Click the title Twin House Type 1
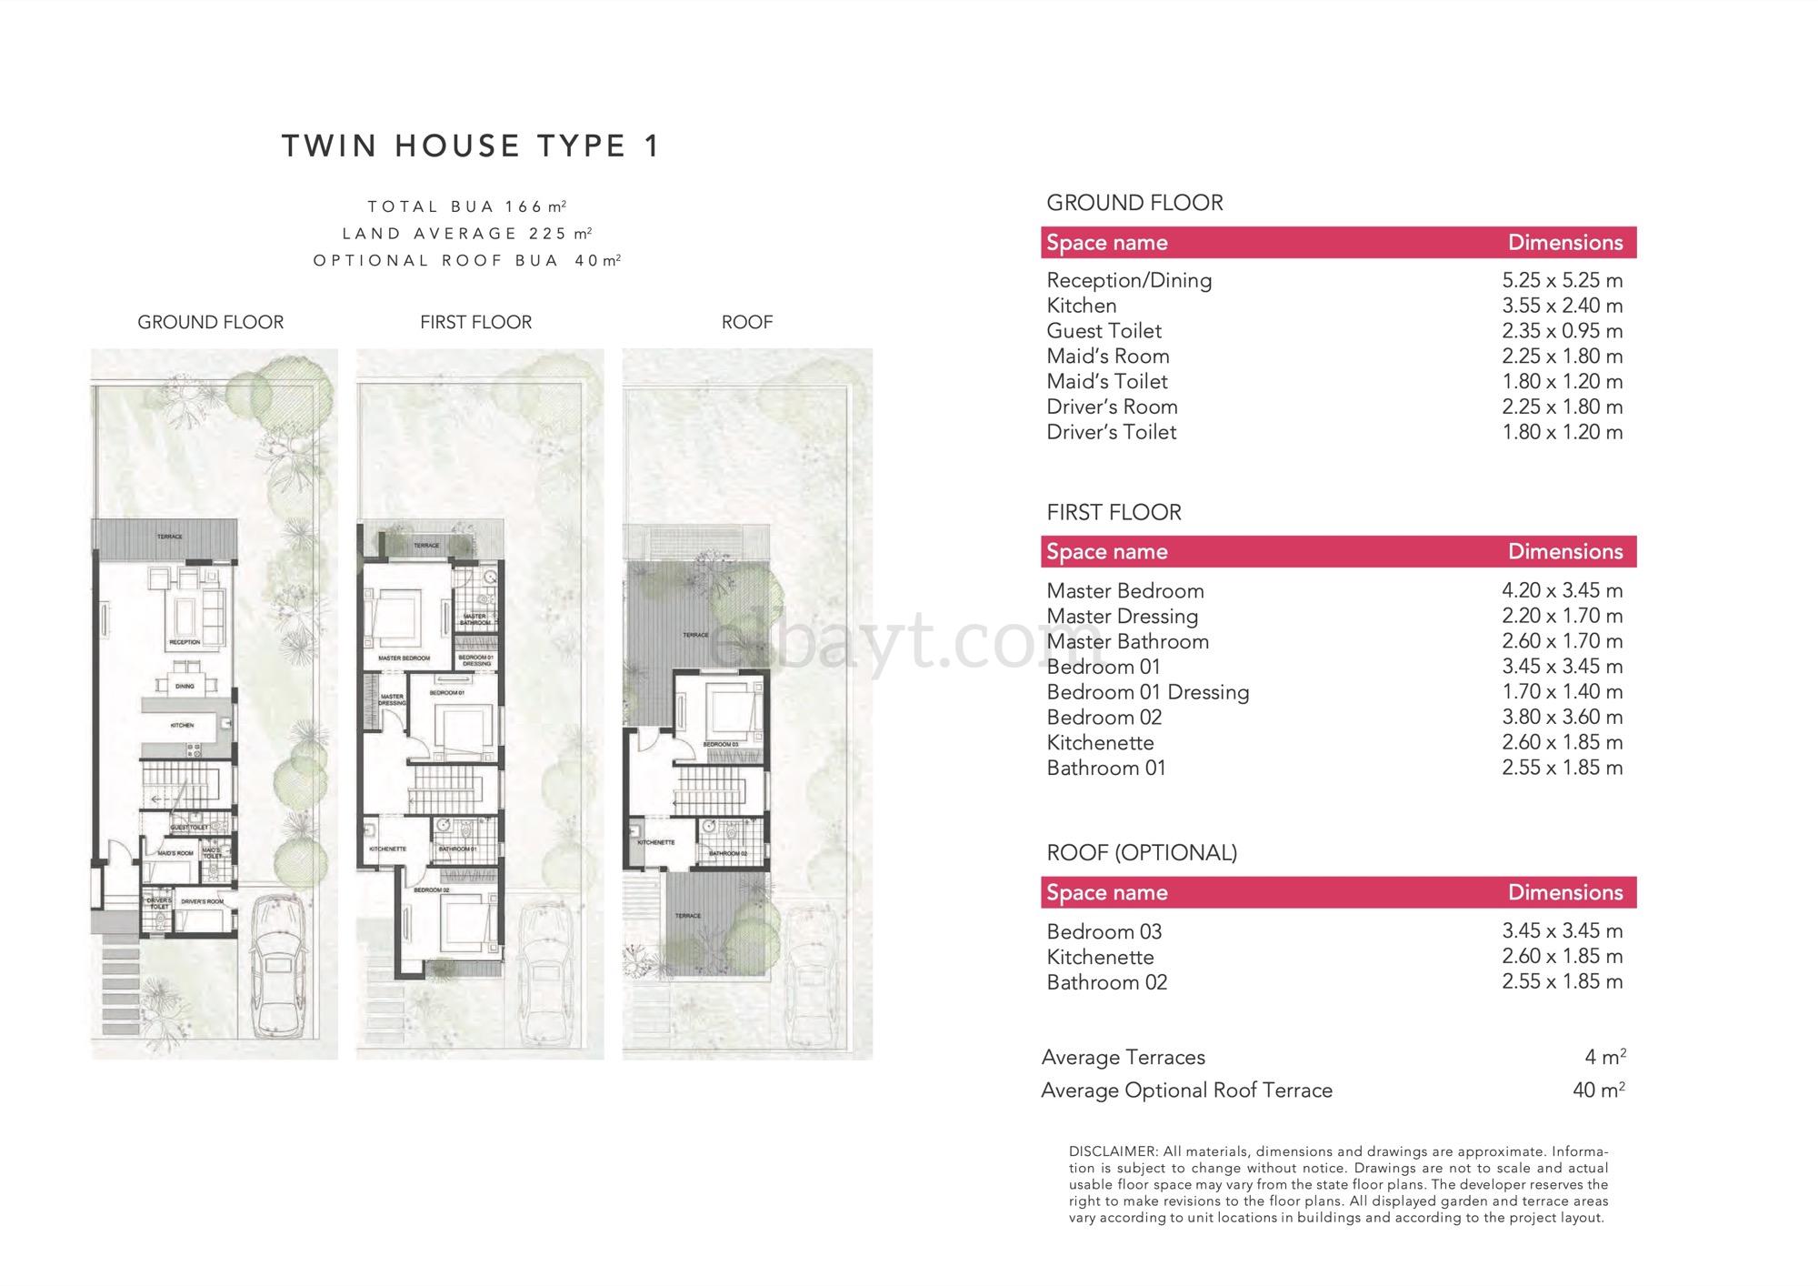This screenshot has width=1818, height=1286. pyautogui.click(x=471, y=146)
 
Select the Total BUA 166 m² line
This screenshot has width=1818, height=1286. pyautogui.click(x=467, y=206)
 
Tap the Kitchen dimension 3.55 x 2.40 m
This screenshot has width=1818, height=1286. pyautogui.click(x=1562, y=306)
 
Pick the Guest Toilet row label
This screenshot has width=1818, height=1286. pyautogui.click(x=1104, y=331)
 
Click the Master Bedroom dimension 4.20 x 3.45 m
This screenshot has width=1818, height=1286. pyautogui.click(x=1562, y=590)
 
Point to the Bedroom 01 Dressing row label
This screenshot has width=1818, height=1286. pyautogui.click(x=1147, y=692)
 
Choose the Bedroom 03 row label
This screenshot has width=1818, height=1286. pyautogui.click(x=1104, y=931)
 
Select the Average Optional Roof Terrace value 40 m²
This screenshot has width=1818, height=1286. pyautogui.click(x=1599, y=1090)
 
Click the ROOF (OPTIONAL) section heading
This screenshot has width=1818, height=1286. pyautogui.click(x=1142, y=852)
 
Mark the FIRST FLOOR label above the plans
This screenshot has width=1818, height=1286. pyautogui.click(x=475, y=322)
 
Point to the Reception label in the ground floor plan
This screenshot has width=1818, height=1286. pyautogui.click(x=185, y=643)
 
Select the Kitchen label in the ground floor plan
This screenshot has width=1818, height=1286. pyautogui.click(x=182, y=726)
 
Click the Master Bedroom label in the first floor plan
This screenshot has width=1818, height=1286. pyautogui.click(x=404, y=658)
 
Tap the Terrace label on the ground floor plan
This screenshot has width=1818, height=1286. pyautogui.click(x=170, y=537)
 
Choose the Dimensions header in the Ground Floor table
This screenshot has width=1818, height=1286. pyautogui.click(x=1565, y=243)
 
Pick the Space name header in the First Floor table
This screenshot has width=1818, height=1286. pyautogui.click(x=1106, y=552)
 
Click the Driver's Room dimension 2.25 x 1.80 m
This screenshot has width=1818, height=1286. pyautogui.click(x=1562, y=407)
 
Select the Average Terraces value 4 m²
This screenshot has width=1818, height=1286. pyautogui.click(x=1605, y=1057)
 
